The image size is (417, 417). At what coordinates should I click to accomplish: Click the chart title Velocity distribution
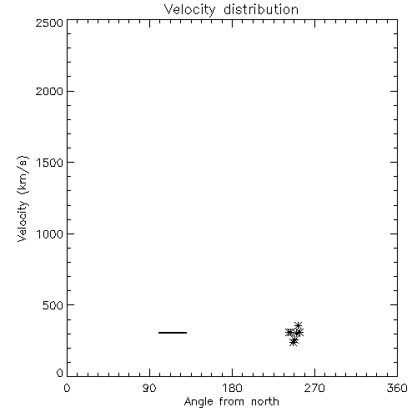(x=231, y=10)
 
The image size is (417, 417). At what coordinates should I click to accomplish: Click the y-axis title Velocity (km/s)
(x=23, y=198)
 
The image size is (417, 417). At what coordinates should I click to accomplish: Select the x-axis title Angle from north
(x=231, y=402)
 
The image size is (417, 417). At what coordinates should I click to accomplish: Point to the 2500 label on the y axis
(x=49, y=23)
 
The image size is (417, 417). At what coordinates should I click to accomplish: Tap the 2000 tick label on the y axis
(x=49, y=91)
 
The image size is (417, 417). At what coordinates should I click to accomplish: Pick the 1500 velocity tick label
(x=50, y=163)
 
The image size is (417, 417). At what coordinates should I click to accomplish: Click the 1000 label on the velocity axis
(x=50, y=234)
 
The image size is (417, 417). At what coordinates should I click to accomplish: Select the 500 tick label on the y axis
(x=53, y=305)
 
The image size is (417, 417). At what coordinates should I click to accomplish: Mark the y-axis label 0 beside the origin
(x=60, y=373)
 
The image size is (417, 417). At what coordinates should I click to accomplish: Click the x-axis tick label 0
(x=67, y=388)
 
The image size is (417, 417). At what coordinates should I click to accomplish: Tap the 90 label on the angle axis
(x=149, y=388)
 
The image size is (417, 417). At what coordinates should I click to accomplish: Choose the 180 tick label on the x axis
(x=232, y=388)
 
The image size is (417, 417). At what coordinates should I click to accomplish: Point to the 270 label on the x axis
(x=314, y=388)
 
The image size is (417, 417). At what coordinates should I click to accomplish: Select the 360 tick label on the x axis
(x=397, y=388)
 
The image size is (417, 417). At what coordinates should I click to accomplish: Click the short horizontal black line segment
(x=173, y=333)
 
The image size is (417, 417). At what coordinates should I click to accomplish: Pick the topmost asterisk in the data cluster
(x=298, y=325)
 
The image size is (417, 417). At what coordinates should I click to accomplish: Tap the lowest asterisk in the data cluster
(x=293, y=343)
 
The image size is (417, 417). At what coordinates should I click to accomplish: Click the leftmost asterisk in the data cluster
(x=289, y=332)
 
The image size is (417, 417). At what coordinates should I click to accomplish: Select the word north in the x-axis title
(x=265, y=402)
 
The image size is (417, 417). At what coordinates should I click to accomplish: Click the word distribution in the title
(x=261, y=10)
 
